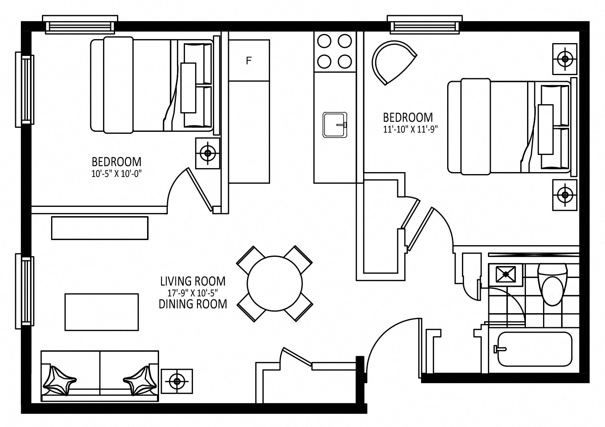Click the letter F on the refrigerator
click(249, 61)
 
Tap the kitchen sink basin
click(334, 125)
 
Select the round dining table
click(275, 284)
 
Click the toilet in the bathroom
click(553, 284)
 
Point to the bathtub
click(535, 349)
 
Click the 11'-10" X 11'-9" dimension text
click(410, 129)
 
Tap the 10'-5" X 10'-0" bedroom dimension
click(116, 174)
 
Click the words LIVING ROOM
click(193, 281)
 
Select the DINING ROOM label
click(193, 304)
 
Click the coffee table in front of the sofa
click(101, 312)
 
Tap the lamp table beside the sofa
click(177, 381)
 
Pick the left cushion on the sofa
click(59, 381)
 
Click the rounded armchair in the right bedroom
click(392, 62)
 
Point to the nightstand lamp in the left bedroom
click(207, 153)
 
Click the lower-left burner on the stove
click(324, 61)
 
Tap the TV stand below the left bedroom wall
click(100, 228)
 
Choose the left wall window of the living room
click(25, 291)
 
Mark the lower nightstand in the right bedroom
click(565, 195)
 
